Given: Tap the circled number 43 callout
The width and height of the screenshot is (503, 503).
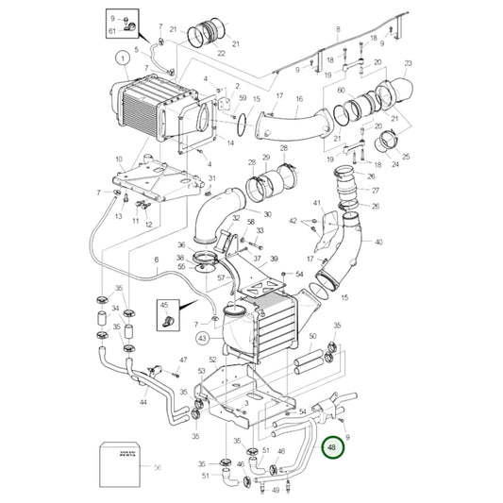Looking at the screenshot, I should click(x=203, y=337).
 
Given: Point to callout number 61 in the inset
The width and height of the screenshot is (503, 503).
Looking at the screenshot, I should click(x=113, y=31).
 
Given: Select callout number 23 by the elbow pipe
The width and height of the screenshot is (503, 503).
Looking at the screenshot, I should click(x=408, y=64).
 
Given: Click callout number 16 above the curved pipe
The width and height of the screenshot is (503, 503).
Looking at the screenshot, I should click(x=299, y=98).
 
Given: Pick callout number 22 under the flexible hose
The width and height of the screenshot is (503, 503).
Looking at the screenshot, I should click(x=221, y=54).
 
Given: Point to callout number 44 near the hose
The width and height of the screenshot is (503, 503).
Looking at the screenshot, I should click(x=143, y=403).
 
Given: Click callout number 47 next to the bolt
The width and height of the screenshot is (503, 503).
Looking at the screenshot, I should click(x=183, y=360).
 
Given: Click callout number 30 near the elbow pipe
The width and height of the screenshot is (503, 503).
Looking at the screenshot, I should click(x=267, y=215).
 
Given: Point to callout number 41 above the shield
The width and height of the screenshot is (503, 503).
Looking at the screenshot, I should click(x=317, y=203).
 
